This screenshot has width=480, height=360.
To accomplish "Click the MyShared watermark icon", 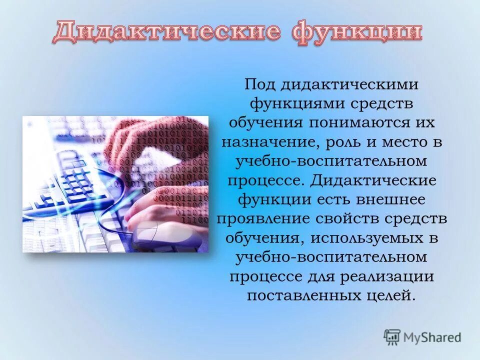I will click(x=392, y=337).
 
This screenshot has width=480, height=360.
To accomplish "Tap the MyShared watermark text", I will click(x=432, y=337).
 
